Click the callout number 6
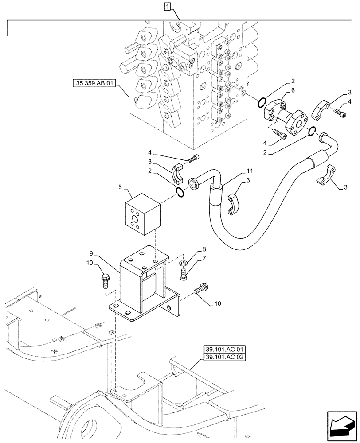click(293, 90)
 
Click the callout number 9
click(91, 254)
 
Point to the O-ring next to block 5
click(179, 192)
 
